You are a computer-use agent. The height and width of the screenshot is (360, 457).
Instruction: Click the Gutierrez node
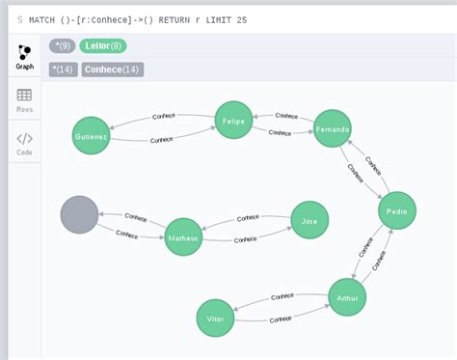coord(92,136)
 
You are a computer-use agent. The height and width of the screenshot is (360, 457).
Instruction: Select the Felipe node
coord(233,121)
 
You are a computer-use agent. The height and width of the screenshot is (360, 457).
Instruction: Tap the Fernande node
coord(332,128)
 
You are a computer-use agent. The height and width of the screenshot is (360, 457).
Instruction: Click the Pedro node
coord(396,210)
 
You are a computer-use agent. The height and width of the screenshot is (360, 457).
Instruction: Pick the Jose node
coord(309,220)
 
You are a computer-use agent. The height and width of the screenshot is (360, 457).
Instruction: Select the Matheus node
coord(183,236)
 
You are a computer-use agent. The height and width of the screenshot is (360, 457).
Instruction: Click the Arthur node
coord(347,297)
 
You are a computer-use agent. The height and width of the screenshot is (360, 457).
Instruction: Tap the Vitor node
coord(215,318)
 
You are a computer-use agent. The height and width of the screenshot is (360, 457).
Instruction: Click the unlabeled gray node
coord(79,214)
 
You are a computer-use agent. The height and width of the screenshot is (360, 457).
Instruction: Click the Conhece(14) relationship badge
coord(112,69)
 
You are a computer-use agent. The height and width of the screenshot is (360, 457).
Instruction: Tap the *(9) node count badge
coord(63,45)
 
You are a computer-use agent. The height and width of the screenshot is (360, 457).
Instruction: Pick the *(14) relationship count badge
coord(64,69)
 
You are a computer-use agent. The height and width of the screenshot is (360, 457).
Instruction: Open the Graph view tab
coord(24,57)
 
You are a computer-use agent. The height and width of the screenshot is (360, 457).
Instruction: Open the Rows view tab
coord(24,100)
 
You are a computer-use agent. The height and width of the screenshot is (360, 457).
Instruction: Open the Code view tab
coord(24,144)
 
